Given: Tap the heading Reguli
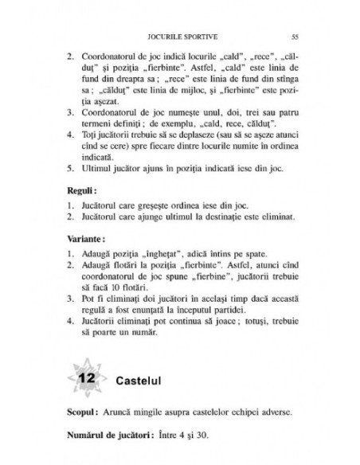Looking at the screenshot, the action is click(x=81, y=190).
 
